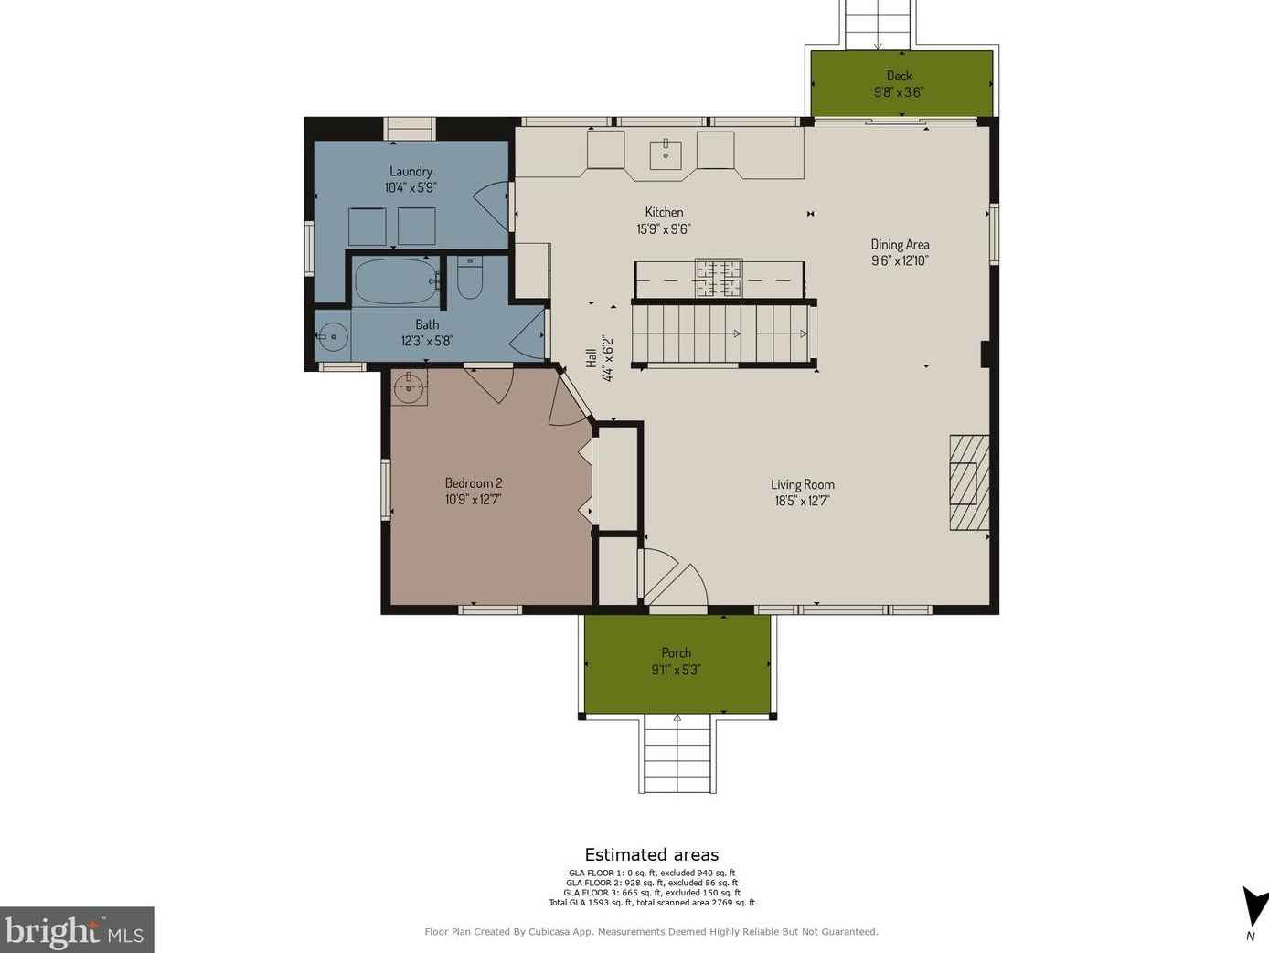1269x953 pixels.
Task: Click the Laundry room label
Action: (411, 172)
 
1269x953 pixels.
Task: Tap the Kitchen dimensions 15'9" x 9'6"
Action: (664, 228)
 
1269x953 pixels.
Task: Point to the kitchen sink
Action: (666, 154)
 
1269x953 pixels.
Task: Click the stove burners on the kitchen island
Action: (719, 278)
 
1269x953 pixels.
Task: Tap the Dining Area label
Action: (900, 244)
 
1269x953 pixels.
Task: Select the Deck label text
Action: (899, 76)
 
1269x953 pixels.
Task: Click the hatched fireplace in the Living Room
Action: (969, 482)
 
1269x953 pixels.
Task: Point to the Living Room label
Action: (803, 484)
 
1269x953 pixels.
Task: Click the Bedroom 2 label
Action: (474, 482)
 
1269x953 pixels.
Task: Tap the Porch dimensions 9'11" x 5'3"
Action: (676, 670)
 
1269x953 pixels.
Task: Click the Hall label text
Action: (592, 358)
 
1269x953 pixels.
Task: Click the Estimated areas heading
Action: (652, 855)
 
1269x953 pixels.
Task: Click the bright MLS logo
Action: (76, 929)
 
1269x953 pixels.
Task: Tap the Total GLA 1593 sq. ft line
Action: (652, 902)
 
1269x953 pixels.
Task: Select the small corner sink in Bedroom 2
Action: (410, 386)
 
